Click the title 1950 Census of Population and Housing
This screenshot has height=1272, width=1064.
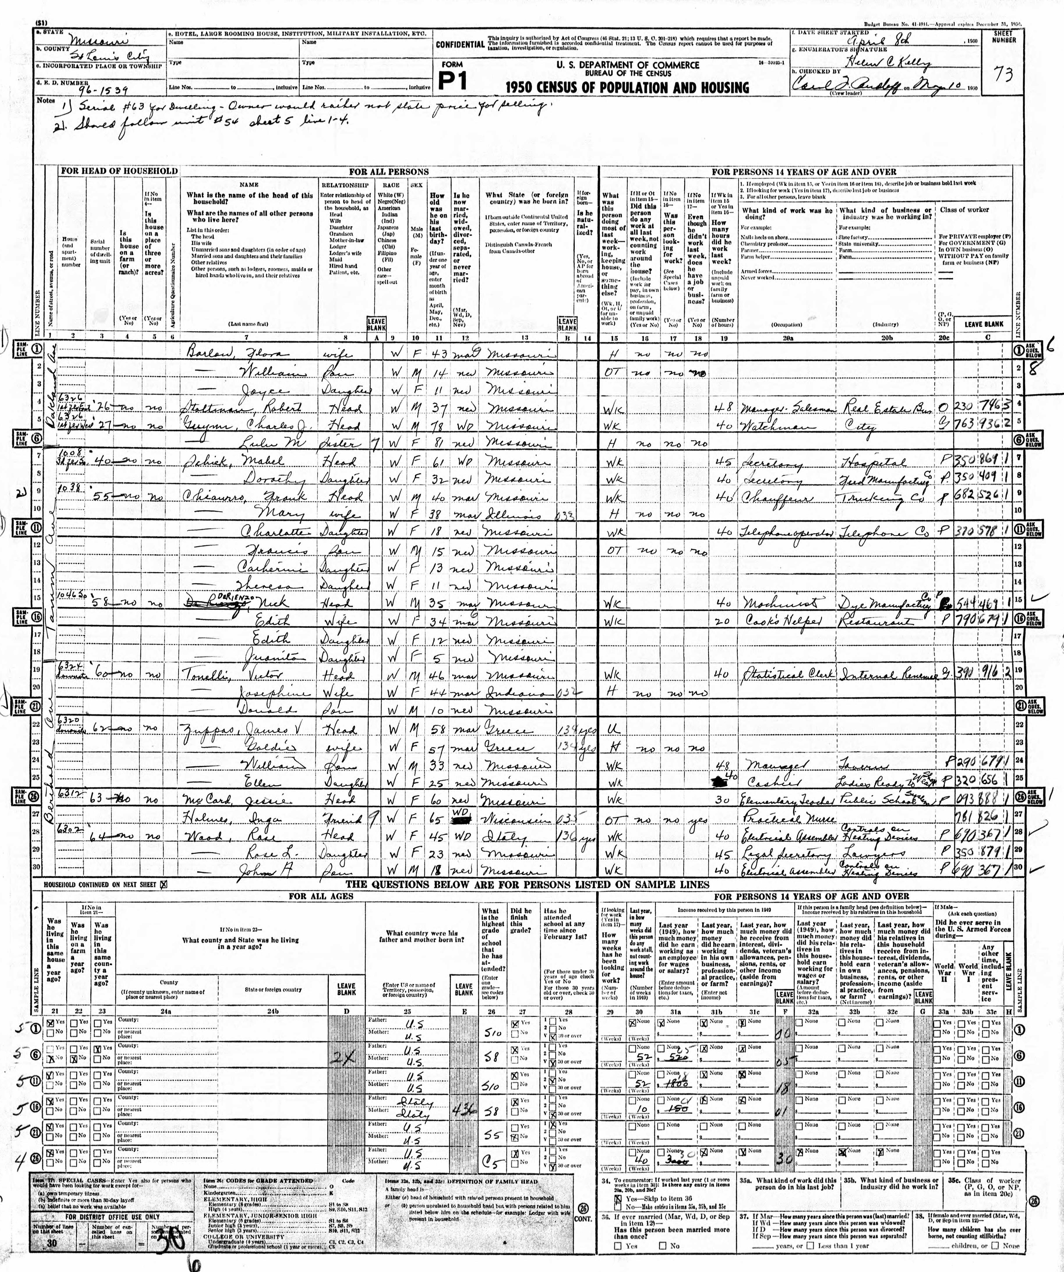[627, 88]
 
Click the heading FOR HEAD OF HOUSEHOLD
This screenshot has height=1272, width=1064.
[119, 171]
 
